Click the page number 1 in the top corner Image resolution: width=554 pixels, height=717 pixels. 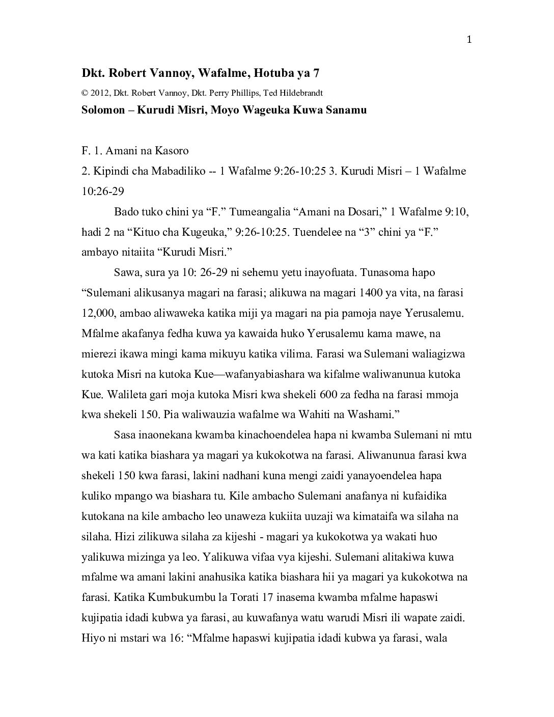[x=469, y=40]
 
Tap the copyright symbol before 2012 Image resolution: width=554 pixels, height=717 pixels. [x=85, y=93]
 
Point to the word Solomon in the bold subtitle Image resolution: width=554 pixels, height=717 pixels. [x=103, y=110]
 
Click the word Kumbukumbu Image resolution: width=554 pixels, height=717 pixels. [x=180, y=598]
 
